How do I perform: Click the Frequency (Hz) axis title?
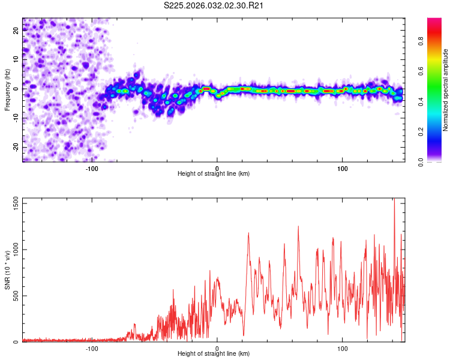click(x=7, y=90)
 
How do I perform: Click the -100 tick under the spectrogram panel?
click(x=92, y=168)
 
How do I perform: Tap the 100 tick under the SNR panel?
click(x=343, y=349)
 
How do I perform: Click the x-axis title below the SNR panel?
click(x=214, y=356)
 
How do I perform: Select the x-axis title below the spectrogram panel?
click(x=214, y=174)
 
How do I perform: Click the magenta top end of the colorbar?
click(x=434, y=22)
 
